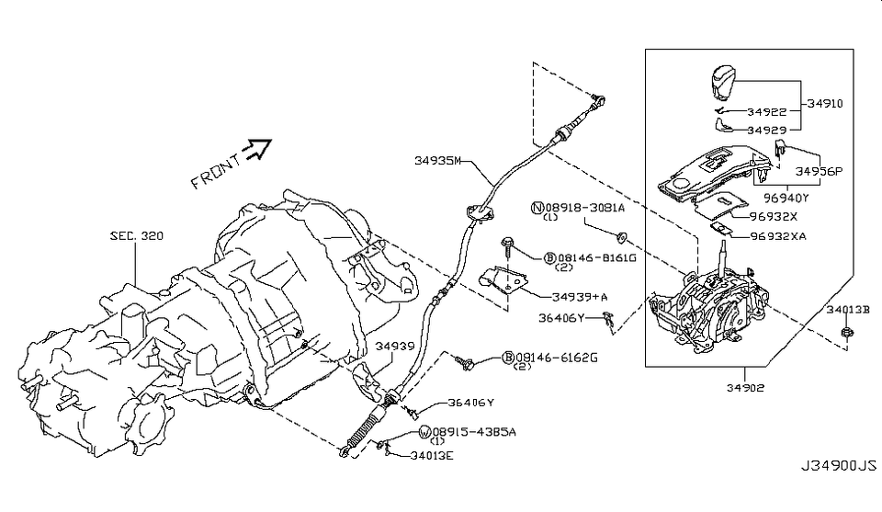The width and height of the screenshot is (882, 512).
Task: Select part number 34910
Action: pos(825,104)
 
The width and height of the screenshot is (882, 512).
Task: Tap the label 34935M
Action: pos(437,161)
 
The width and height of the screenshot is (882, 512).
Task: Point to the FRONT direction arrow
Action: pos(257,149)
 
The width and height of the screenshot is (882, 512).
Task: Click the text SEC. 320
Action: pos(137,235)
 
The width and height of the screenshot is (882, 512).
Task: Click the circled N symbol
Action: pos(537,208)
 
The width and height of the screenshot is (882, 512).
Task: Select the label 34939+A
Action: pos(580,297)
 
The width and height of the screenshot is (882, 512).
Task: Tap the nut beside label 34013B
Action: pos(847,332)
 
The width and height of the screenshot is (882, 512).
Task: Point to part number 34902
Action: pos(745,388)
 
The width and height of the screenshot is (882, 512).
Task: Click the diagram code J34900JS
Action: pos(839,466)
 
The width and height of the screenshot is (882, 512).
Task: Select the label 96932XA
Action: pos(778,236)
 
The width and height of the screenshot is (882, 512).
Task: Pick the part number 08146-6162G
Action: pos(557,358)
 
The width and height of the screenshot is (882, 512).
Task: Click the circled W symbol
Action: pos(425,432)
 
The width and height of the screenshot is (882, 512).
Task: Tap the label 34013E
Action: pos(432,456)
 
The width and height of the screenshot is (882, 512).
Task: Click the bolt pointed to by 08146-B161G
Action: pos(508,244)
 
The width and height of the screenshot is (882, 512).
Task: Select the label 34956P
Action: pos(819,172)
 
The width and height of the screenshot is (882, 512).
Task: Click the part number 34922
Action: pos(766,112)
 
